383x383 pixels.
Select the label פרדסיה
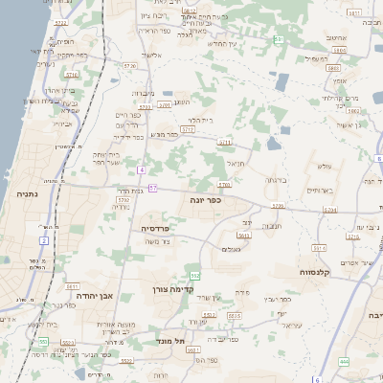click(x=156, y=229)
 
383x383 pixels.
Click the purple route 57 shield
click(x=153, y=188)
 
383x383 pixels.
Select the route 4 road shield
click(x=141, y=169)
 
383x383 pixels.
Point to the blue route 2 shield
click(x=44, y=239)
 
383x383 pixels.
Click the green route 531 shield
click(x=279, y=39)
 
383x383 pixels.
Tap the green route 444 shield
click(x=344, y=361)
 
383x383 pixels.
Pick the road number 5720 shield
click(x=130, y=64)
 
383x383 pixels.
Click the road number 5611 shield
click(x=72, y=285)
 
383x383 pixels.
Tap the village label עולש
click(x=324, y=167)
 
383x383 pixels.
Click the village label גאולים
click(x=231, y=249)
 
